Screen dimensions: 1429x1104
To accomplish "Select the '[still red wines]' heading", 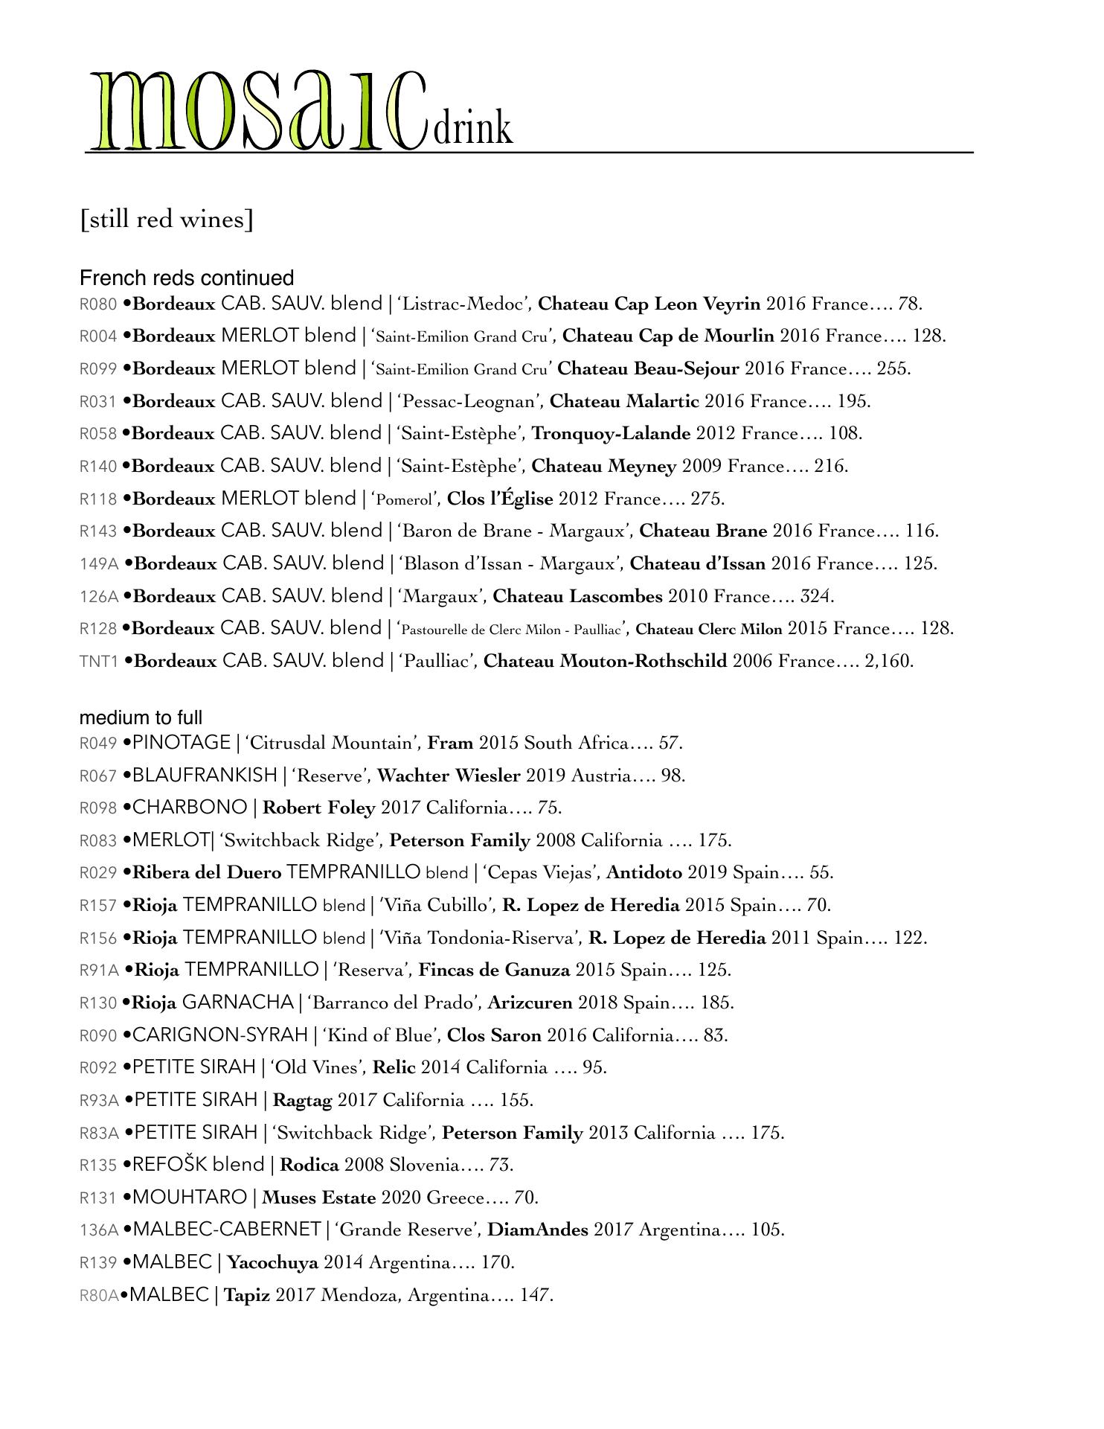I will pos(167,220).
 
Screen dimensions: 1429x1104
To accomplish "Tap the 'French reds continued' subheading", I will pos(187,278).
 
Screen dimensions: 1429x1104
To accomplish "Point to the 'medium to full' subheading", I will pos(141,717).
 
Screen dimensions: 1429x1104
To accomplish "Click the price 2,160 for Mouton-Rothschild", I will pos(888,661).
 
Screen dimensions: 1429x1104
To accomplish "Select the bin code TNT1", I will pos(99,662).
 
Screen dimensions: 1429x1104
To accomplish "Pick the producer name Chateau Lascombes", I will pos(577,596).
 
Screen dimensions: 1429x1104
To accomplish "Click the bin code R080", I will pos(98,304).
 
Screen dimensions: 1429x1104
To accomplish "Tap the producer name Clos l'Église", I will pos(500,499).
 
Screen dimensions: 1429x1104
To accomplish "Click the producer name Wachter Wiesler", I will pos(449,776).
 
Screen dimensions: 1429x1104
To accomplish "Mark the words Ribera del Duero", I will pos(207,872).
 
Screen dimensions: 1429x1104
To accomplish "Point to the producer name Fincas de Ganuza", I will pos(494,970).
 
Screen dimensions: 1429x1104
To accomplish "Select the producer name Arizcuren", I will pos(530,1003).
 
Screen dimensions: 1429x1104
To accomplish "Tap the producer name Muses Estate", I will pos(318,1198).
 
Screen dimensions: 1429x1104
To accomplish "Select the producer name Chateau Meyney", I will pos(604,467).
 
